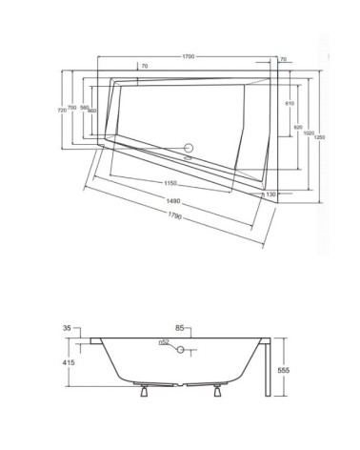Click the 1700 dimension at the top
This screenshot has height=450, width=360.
[x=189, y=58]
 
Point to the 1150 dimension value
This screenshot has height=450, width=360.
[x=170, y=183]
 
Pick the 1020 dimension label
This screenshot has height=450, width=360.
[x=310, y=133]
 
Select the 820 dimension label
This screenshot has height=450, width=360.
[x=298, y=127]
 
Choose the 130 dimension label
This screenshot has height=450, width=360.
[x=271, y=194]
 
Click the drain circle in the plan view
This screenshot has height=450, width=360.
[x=188, y=149]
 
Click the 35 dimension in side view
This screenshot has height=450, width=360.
[x=67, y=328]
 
